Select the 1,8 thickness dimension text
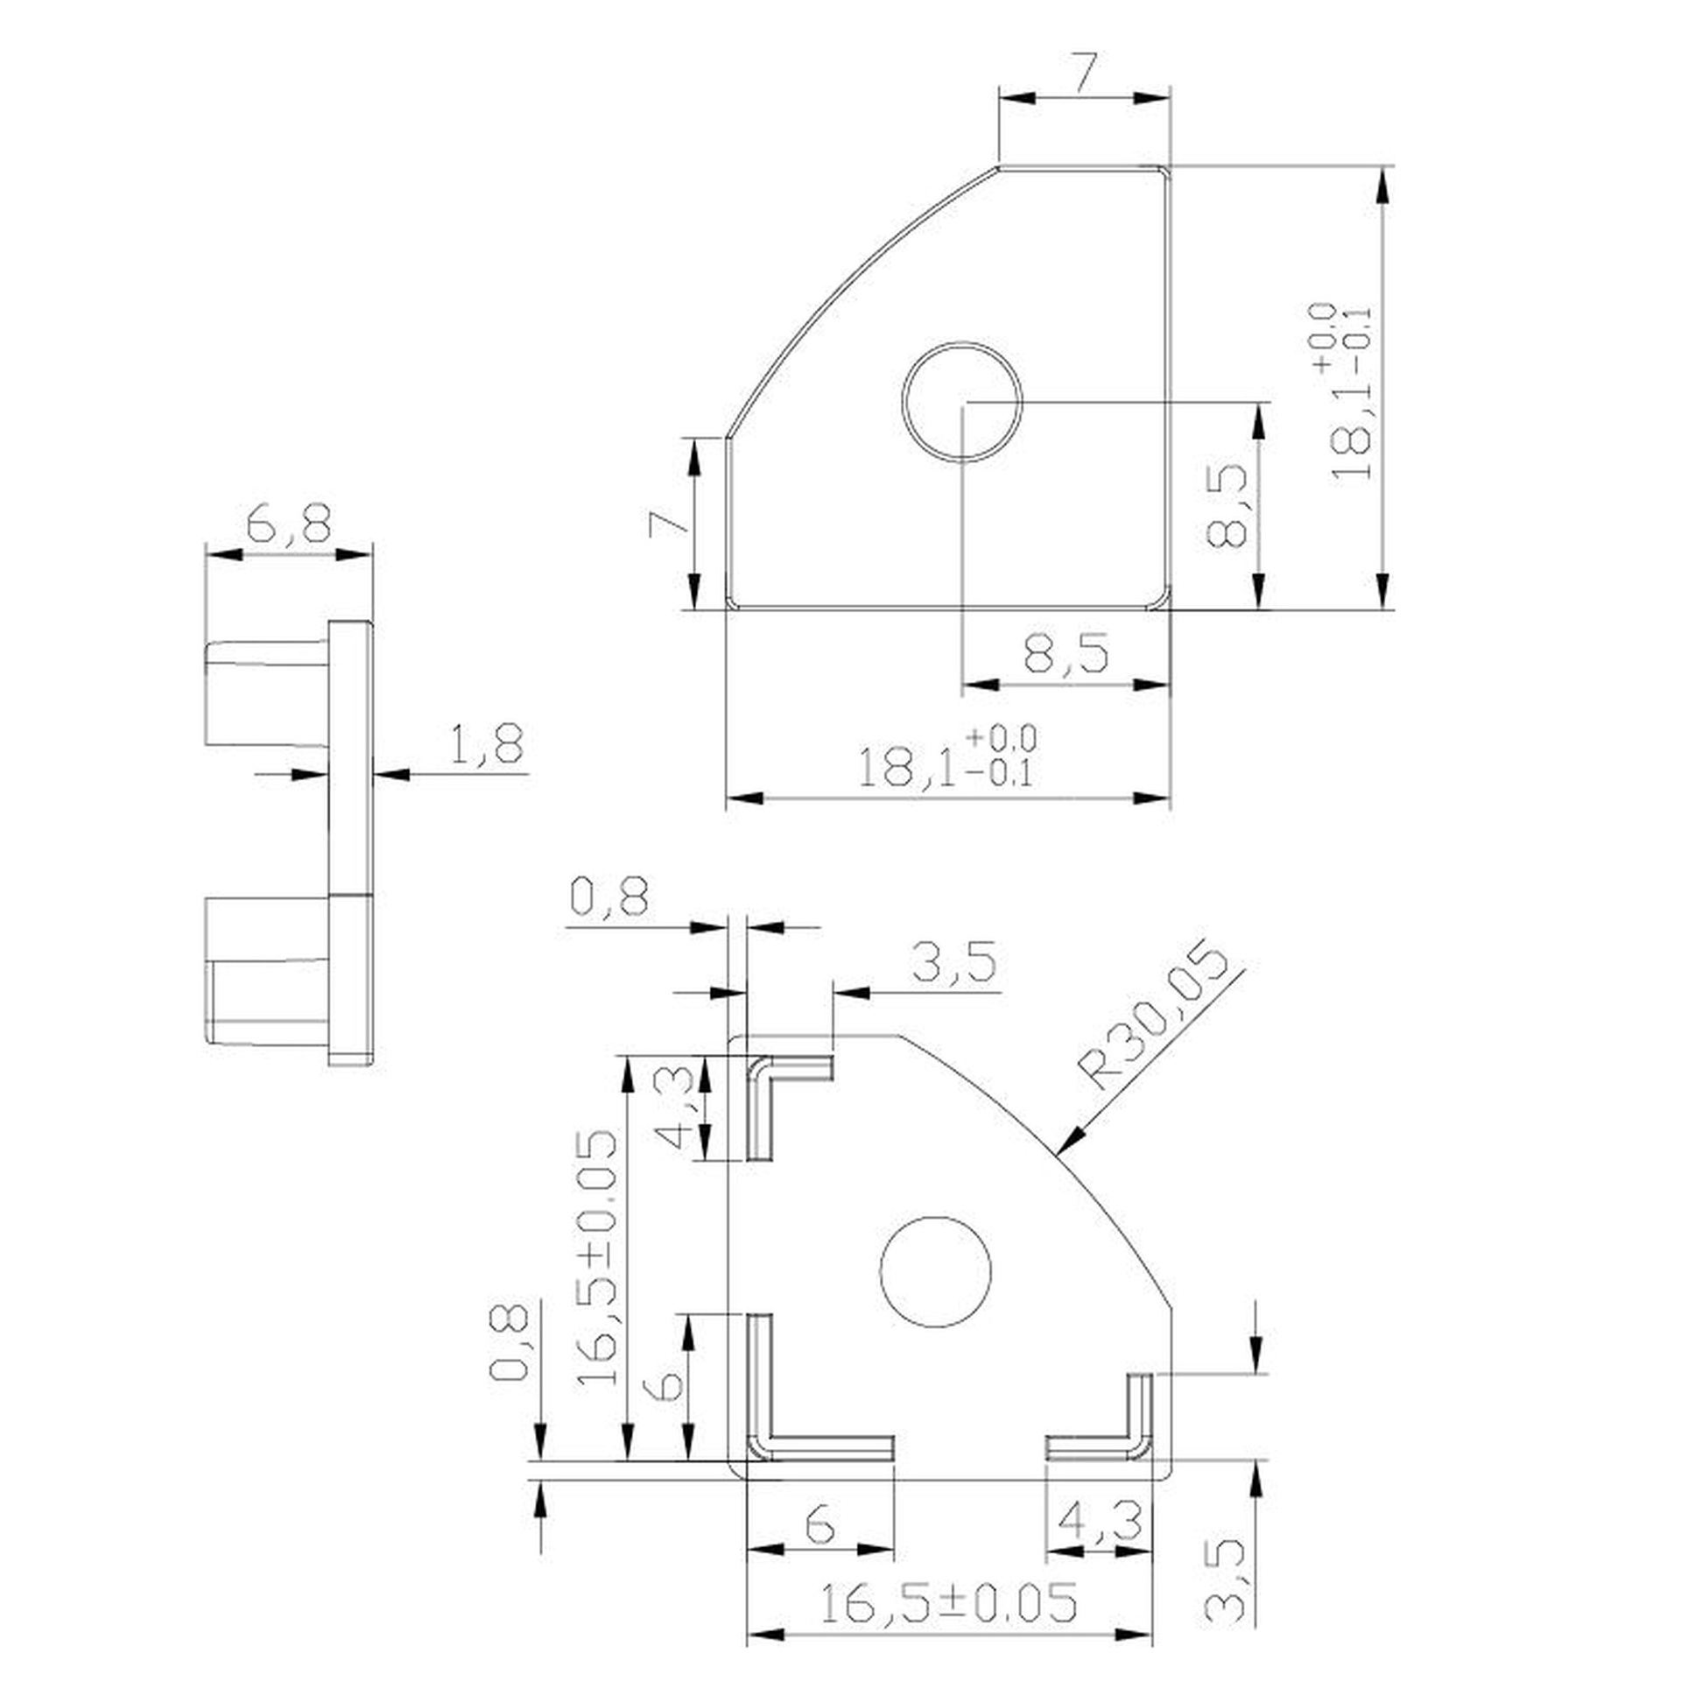tap(486, 743)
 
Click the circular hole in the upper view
tap(962, 402)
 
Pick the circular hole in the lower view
tap(935, 1272)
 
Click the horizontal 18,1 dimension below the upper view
tap(946, 759)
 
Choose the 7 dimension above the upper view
tap(1084, 74)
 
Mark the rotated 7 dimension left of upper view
tap(669, 524)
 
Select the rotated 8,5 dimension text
tap(1226, 506)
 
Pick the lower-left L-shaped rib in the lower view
tap(819, 1388)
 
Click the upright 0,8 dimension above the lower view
tap(610, 897)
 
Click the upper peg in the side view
tap(268, 693)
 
